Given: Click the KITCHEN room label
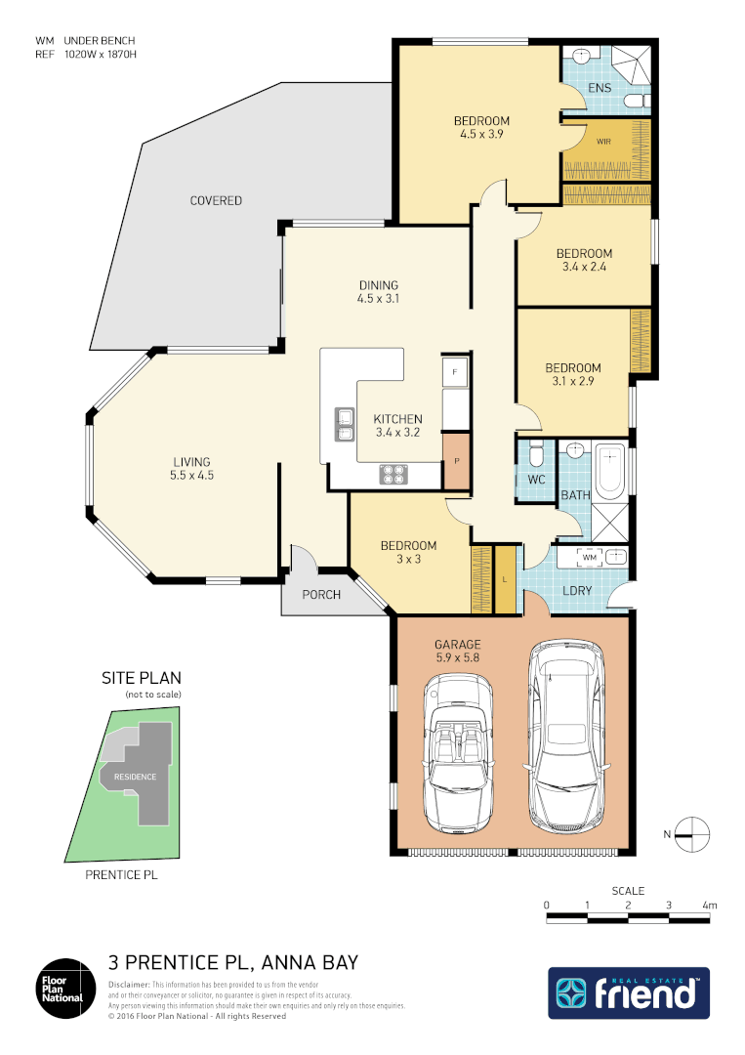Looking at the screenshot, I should pyautogui.click(x=398, y=419).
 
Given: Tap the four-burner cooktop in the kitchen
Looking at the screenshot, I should pyautogui.click(x=394, y=475).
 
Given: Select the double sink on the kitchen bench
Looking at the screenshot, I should pyautogui.click(x=344, y=424).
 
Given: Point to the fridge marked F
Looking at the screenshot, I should pyautogui.click(x=455, y=372).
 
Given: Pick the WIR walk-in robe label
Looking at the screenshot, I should pyautogui.click(x=592, y=140).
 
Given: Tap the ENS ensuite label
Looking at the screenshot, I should pyautogui.click(x=600, y=88).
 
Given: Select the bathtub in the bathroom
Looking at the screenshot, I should pyautogui.click(x=610, y=468).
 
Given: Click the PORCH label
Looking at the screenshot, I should pyautogui.click(x=321, y=594).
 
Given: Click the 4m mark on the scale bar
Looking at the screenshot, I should pyautogui.click(x=710, y=906).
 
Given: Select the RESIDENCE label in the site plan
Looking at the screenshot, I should pyautogui.click(x=135, y=777).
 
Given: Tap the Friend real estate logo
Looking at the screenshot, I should pyautogui.click(x=628, y=993).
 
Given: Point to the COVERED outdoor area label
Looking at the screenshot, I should pyautogui.click(x=216, y=201).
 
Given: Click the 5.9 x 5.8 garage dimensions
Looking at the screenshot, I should pyautogui.click(x=458, y=659).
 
